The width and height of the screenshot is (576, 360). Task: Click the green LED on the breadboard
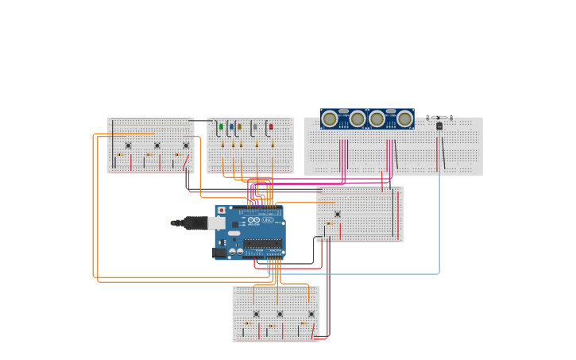(x=221, y=126)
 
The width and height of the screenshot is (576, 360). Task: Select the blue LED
(x=231, y=126)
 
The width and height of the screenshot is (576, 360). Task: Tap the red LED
(x=271, y=126)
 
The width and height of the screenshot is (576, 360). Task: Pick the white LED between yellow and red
(x=255, y=126)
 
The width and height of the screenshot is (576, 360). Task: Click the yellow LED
(x=239, y=126)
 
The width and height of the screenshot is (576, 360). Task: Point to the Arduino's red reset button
(x=221, y=211)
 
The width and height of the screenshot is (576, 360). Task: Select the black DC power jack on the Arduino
(x=219, y=253)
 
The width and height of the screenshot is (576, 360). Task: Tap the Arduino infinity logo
(x=253, y=220)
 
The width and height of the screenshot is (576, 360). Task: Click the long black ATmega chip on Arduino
(x=263, y=244)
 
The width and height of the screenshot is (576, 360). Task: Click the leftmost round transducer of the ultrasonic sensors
(x=330, y=119)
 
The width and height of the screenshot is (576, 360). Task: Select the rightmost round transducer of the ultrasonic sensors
(x=404, y=119)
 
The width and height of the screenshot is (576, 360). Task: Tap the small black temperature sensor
(x=439, y=126)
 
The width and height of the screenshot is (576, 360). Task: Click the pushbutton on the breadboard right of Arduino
(x=338, y=214)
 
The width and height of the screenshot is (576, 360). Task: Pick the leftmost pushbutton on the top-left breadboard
(x=128, y=145)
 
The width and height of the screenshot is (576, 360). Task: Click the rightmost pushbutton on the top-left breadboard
(x=186, y=145)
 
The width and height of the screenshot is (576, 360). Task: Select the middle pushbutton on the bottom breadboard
(x=280, y=314)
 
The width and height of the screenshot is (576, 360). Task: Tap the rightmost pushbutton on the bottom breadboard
(x=311, y=314)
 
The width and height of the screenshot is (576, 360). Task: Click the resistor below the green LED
(x=222, y=145)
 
